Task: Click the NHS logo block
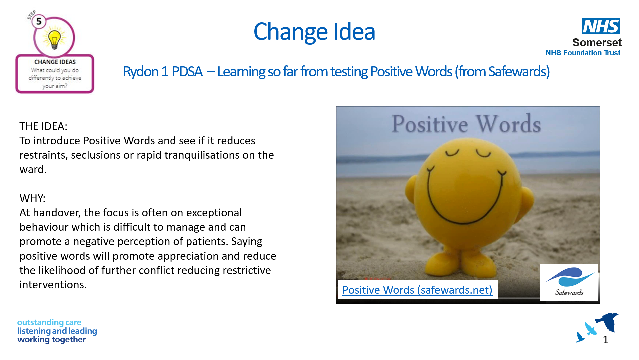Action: [x=601, y=26]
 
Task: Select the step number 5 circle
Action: [x=39, y=22]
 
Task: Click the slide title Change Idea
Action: [x=314, y=32]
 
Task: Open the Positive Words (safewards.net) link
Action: [x=417, y=290]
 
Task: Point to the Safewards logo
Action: [x=569, y=283]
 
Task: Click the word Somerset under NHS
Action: [x=597, y=43]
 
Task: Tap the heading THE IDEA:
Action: [x=43, y=126]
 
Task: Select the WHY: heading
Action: [x=32, y=198]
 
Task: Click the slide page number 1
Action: [x=606, y=340]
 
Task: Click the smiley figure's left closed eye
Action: [x=452, y=153]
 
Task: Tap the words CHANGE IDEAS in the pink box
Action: [x=55, y=62]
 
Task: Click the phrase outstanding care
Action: [x=49, y=323]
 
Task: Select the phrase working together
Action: [x=52, y=340]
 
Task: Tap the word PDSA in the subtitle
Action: [x=187, y=72]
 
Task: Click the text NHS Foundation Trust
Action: [x=583, y=53]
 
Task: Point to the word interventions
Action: [x=53, y=285]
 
